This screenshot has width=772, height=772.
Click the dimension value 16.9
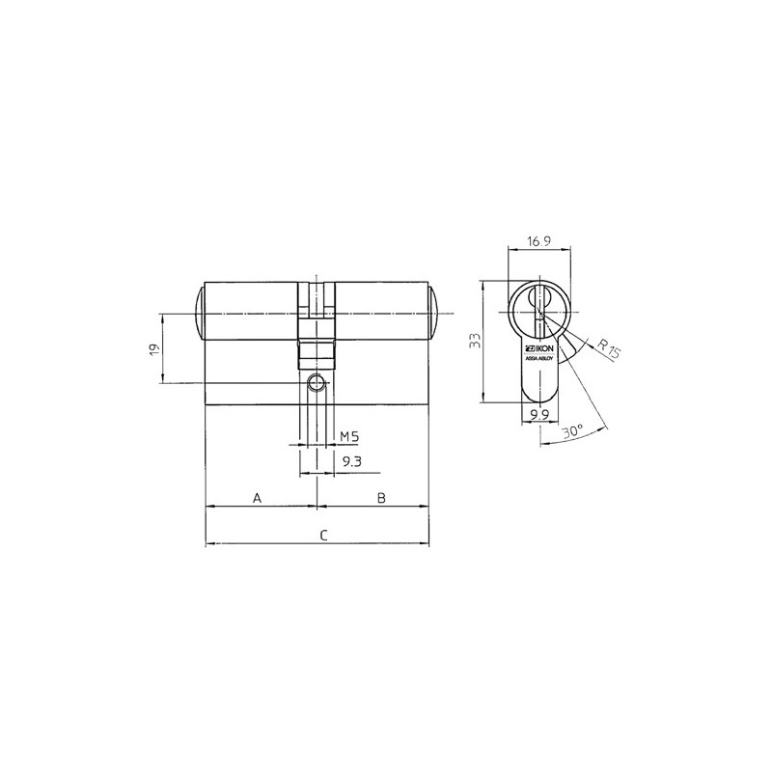[x=538, y=241]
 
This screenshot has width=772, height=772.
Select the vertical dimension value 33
[x=475, y=341]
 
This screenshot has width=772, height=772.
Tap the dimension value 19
[x=154, y=348]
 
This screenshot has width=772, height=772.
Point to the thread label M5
[x=350, y=436]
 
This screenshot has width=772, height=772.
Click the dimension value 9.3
[x=351, y=462]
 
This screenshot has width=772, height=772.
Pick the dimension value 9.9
[x=539, y=415]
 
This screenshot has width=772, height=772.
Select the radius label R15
[x=609, y=349]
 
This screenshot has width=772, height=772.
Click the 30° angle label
[x=573, y=431]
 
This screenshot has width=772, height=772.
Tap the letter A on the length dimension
[x=257, y=498]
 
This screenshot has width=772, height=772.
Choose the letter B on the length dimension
[x=381, y=498]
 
